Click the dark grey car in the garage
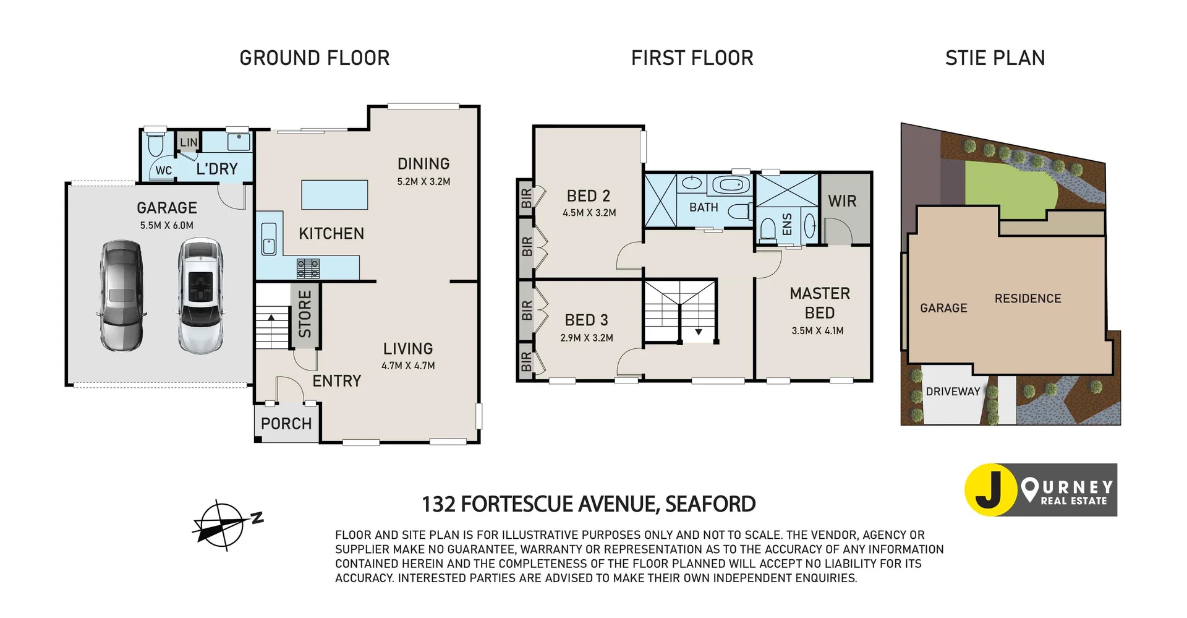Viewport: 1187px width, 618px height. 122,296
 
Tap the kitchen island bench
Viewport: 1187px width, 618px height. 334,195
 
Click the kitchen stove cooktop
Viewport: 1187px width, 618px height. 308,268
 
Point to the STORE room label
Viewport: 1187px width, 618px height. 305,314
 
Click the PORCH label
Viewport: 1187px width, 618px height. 286,424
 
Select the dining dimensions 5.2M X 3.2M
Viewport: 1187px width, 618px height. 423,182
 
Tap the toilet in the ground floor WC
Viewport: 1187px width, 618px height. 155,145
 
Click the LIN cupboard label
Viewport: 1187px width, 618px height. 189,142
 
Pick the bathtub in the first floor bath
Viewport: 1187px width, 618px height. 731,185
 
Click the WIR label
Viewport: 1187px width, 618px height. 842,201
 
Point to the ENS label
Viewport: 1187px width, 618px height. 787,225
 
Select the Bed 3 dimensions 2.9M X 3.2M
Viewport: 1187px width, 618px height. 586,338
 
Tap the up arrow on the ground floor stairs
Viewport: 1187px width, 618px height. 271,319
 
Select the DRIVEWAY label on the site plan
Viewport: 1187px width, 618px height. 953,392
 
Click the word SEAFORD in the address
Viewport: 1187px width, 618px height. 710,504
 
